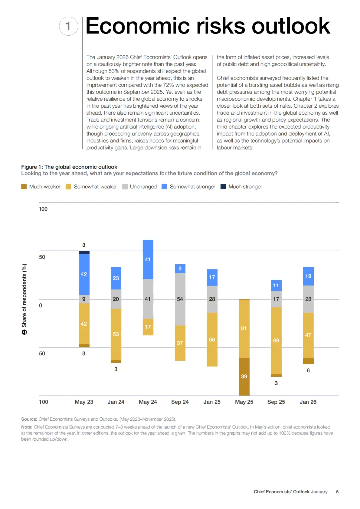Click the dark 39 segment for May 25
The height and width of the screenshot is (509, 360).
[244, 376]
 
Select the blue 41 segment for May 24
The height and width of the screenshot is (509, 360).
[148, 259]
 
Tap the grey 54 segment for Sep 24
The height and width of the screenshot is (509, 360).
[180, 299]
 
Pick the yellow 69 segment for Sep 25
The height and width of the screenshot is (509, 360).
[276, 340]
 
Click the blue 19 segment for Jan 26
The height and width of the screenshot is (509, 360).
[308, 276]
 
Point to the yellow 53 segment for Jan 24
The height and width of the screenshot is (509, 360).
[116, 334]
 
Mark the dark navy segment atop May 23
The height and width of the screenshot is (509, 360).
[84, 252]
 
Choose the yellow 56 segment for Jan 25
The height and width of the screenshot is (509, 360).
[212, 339]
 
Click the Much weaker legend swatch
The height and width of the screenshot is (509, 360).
[24, 187]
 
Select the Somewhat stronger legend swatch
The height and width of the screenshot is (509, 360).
[164, 187]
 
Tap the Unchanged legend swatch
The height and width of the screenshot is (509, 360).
[125, 187]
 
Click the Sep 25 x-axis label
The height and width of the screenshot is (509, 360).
[276, 402]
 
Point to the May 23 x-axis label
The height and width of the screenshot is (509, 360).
[84, 402]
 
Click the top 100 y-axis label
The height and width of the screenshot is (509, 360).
[43, 209]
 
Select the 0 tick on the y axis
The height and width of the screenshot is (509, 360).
[41, 305]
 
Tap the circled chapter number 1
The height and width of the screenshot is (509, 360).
[68, 26]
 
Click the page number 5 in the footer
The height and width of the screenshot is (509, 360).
[337, 492]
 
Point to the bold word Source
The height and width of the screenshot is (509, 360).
[29, 419]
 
